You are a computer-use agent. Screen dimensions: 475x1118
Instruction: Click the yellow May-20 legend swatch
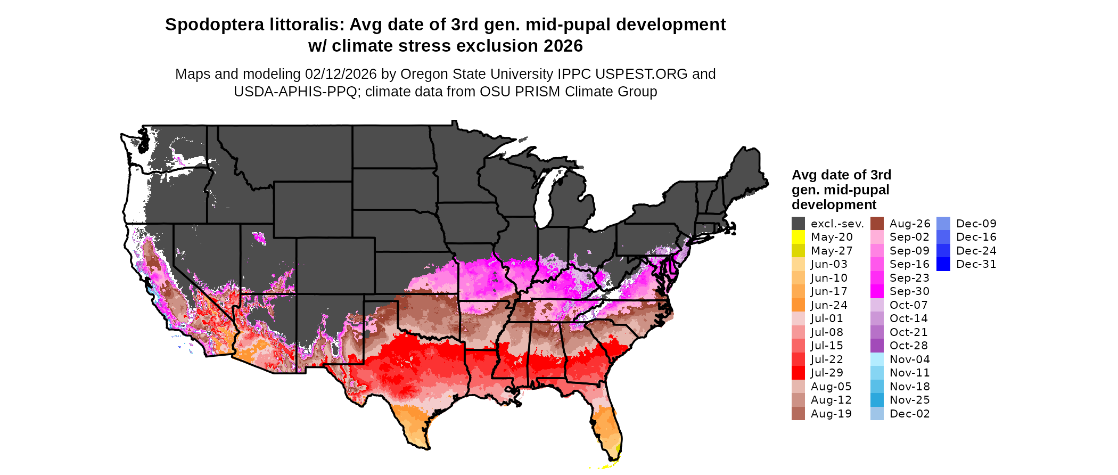point(798,237)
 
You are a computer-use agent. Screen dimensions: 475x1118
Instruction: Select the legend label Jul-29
point(827,373)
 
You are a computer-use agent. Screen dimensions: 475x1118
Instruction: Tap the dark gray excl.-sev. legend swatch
point(798,224)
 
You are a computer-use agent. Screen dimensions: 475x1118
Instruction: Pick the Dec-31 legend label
point(976,264)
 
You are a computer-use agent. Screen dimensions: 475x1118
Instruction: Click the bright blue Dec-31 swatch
point(943,264)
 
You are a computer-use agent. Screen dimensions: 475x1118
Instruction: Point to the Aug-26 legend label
point(910,224)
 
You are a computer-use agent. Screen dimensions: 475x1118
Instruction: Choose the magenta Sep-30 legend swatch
point(877,291)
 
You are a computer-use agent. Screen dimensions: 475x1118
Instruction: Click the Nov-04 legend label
point(910,359)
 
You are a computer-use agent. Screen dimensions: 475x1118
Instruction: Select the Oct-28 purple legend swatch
point(877,346)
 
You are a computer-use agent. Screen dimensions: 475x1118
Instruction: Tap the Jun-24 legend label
point(829,305)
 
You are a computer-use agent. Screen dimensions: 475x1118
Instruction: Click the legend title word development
point(834,205)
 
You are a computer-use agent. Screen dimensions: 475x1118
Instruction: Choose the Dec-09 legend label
point(976,224)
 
